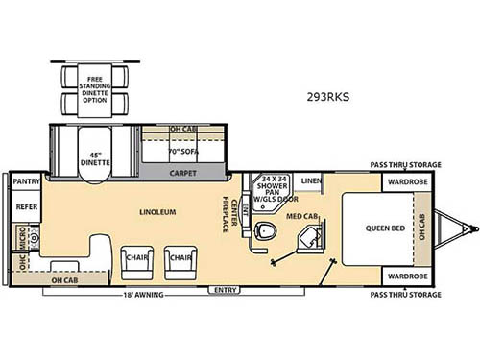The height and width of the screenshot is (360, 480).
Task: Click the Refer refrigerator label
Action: pos(23,205)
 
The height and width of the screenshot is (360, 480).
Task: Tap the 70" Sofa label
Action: pos(182,152)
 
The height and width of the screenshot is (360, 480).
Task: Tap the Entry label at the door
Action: pos(226,289)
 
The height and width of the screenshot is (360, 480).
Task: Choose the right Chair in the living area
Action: pos(177,257)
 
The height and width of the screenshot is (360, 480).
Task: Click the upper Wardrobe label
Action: pos(401,180)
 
